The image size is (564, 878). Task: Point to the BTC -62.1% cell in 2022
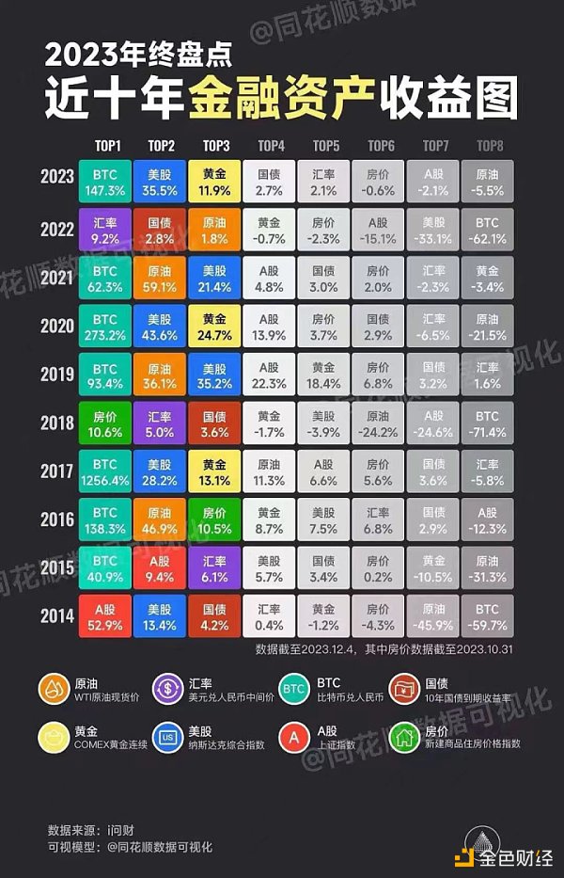coord(488,232)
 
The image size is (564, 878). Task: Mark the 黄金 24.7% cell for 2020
coord(216,328)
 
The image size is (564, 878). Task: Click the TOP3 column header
coord(216,146)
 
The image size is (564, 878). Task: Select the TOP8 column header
coord(489,146)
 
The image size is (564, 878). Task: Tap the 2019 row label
coord(58,376)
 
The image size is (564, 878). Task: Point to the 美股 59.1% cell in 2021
coord(162,280)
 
